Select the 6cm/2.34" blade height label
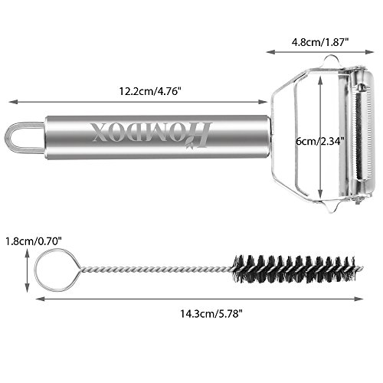click(320, 141)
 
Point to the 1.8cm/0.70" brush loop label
click(34, 241)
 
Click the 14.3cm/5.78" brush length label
click(211, 313)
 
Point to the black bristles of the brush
click(293, 269)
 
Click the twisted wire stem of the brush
click(156, 269)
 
